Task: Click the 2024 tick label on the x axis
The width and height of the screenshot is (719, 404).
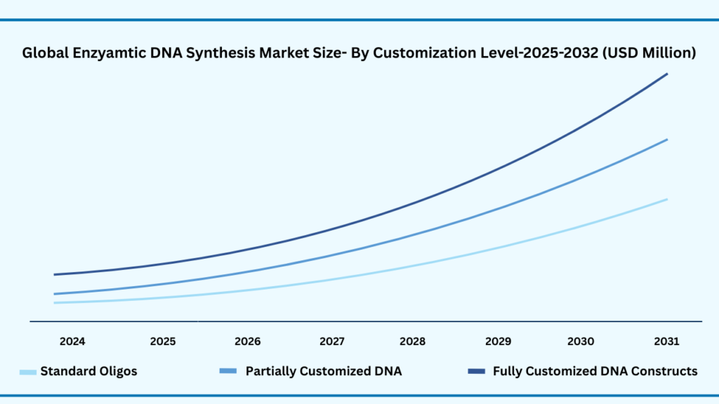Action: pos(72,342)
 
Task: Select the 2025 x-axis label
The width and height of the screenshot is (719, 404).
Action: pos(163,342)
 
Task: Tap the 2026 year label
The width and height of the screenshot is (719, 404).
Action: pos(247,342)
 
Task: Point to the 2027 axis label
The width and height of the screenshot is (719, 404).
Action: pos(332,342)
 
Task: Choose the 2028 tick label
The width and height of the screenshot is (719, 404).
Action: pos(413,342)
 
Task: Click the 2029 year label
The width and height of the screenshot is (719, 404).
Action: pos(498,342)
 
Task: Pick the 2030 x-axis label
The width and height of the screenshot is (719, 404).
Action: pos(581,342)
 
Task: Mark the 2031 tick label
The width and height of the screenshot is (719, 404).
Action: pos(666,342)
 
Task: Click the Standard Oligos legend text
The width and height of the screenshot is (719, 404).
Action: pos(88,371)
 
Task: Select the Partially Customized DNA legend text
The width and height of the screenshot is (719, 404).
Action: pos(324,371)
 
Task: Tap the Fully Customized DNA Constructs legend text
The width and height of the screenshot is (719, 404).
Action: pos(595,371)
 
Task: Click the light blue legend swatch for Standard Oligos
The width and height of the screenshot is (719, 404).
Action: pos(28,372)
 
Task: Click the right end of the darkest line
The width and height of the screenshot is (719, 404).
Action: pos(666,74)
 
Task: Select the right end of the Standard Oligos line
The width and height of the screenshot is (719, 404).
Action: pos(666,199)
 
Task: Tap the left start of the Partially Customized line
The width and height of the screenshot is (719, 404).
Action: pos(55,294)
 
